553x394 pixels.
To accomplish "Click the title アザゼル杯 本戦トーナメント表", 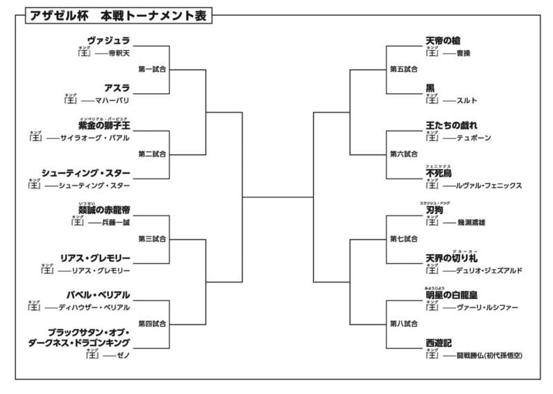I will coord(118,15).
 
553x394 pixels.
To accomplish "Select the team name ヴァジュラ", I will coord(109,41).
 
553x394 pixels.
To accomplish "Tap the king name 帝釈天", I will coord(119,53).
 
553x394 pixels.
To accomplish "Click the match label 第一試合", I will coord(152,69).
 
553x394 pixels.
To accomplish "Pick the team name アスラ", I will coord(117,88).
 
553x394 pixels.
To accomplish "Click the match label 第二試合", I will coord(152,153).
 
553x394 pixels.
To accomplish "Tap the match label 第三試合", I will coord(152,238).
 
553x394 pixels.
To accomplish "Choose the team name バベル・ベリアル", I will coord(100,294).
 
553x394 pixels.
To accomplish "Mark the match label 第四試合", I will coord(152,323).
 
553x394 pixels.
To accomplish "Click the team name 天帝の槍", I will coord(443,41).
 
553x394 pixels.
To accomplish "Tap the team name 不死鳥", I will coord(439,174).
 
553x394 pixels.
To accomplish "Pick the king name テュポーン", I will coord(474,138).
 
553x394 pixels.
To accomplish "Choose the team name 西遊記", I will coord(439,343).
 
